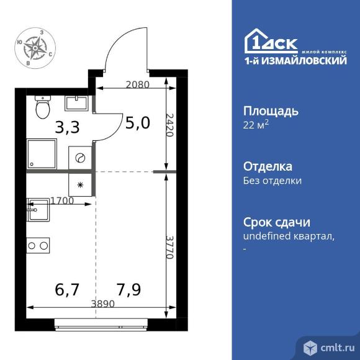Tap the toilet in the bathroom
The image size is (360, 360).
tap(43, 107)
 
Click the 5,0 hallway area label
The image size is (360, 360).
tap(137, 122)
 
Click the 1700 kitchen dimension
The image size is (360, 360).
tap(63, 200)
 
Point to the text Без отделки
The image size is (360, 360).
tap(272, 181)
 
